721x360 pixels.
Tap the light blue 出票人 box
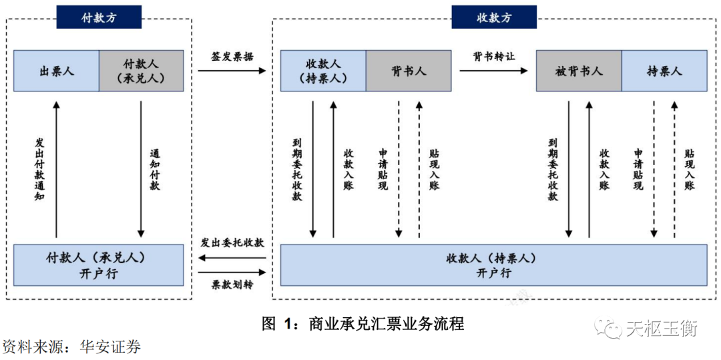click(57, 71)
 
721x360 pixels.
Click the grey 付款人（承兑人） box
click(142, 71)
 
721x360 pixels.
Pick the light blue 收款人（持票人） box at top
click(323, 71)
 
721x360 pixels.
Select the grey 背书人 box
click(408, 71)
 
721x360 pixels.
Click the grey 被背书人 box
click(579, 71)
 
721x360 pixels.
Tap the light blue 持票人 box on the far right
click(664, 71)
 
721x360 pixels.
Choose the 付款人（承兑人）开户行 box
click(99, 265)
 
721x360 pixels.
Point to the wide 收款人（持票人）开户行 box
click(493, 265)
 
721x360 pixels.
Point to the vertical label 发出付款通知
click(39, 170)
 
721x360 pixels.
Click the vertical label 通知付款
click(155, 170)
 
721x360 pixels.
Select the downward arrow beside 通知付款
click(141, 170)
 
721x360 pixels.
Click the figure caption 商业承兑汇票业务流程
click(386, 325)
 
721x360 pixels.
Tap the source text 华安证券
click(110, 347)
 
